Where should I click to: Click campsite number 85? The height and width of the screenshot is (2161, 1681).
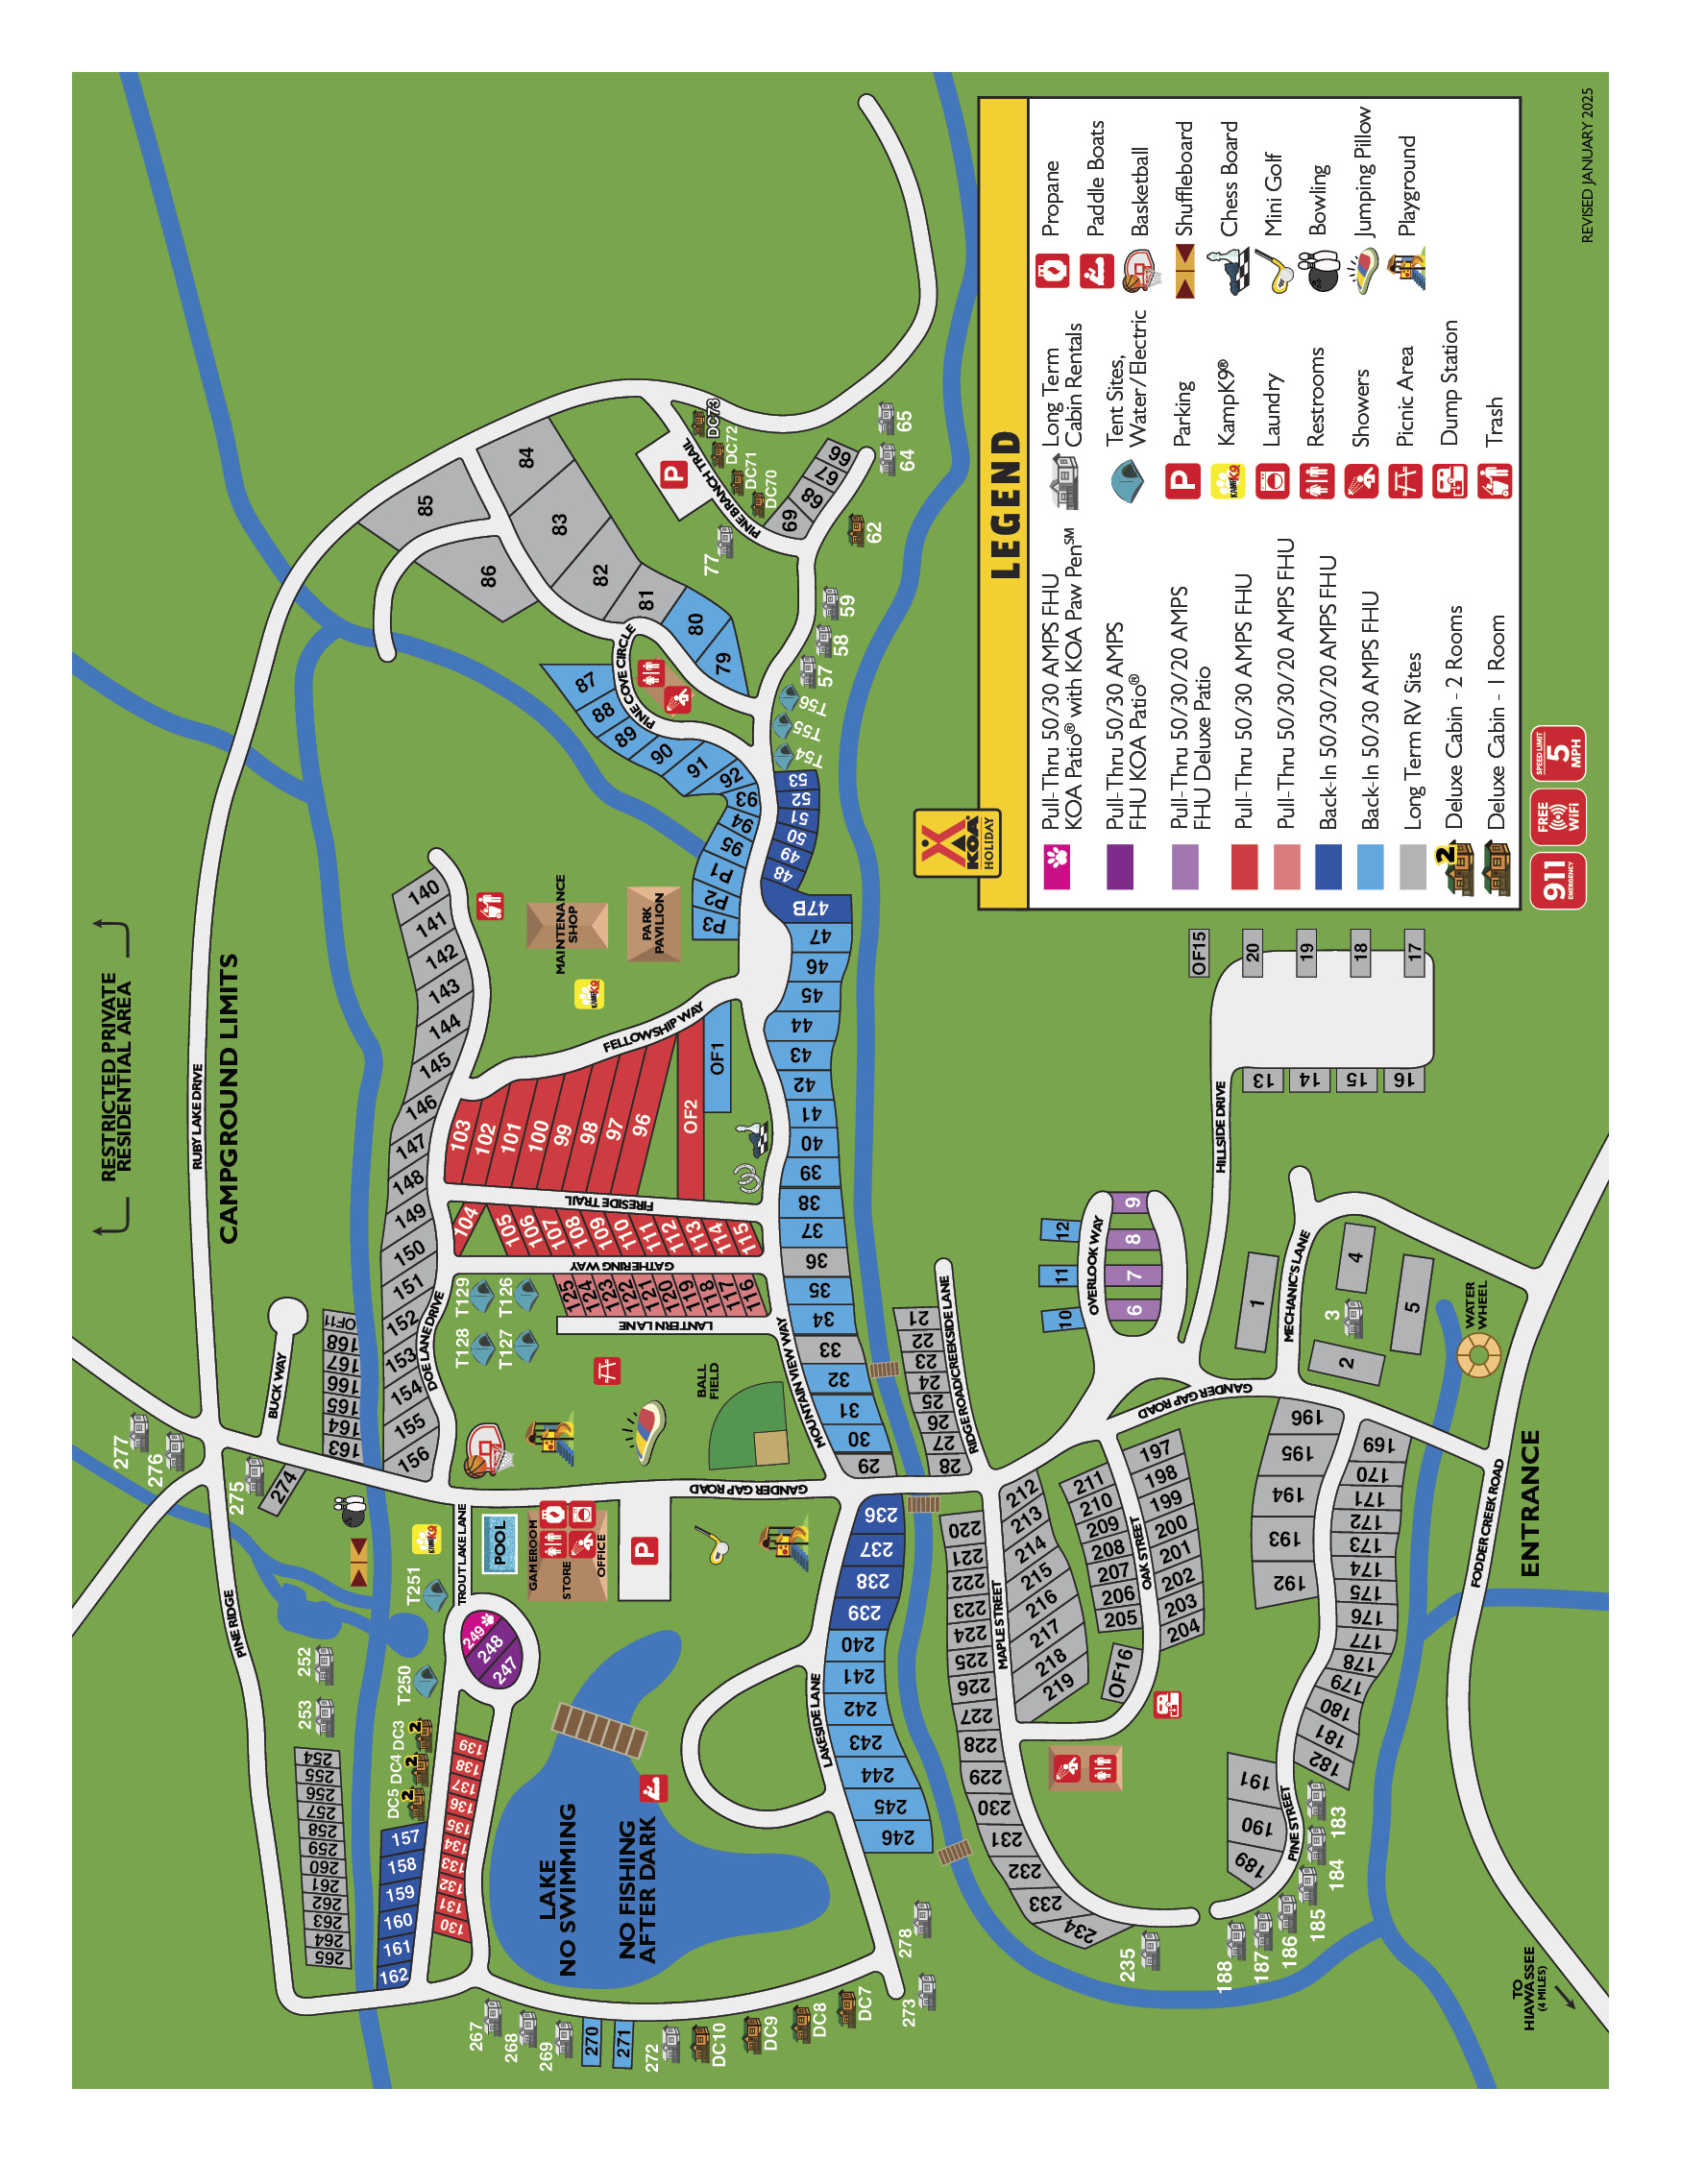tap(426, 504)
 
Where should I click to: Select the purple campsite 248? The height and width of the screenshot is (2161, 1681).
tap(491, 1647)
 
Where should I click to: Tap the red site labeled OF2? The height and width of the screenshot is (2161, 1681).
tap(691, 1116)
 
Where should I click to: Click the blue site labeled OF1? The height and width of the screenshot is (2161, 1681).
tap(718, 1056)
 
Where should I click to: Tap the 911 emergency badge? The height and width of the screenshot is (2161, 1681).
tap(1557, 880)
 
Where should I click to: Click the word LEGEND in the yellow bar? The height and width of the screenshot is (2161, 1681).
tap(1003, 504)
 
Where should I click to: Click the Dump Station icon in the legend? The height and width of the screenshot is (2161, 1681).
tap(1450, 482)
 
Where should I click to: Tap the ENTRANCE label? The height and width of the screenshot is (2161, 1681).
tap(1529, 1503)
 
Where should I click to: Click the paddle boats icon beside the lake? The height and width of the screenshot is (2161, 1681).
tap(652, 1787)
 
